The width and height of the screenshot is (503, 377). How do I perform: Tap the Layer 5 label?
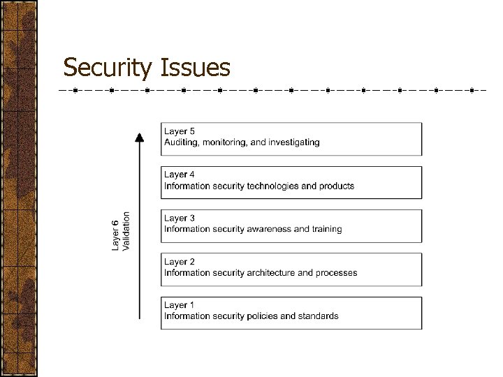click(x=180, y=131)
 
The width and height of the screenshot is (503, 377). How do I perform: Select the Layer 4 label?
click(x=180, y=175)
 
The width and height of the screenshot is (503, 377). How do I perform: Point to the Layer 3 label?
click(x=180, y=218)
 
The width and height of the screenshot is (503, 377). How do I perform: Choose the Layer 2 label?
click(x=180, y=262)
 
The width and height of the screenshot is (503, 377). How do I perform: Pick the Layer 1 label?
click(x=180, y=305)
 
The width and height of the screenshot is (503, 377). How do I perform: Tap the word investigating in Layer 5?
click(x=294, y=142)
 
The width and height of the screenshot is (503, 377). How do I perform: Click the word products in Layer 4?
click(x=337, y=186)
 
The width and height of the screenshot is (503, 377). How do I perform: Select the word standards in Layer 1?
click(x=319, y=316)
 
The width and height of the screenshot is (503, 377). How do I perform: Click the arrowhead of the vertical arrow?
click(x=140, y=137)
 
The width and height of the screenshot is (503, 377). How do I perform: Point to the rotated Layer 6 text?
click(x=115, y=235)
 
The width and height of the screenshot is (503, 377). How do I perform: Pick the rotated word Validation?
click(x=126, y=231)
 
